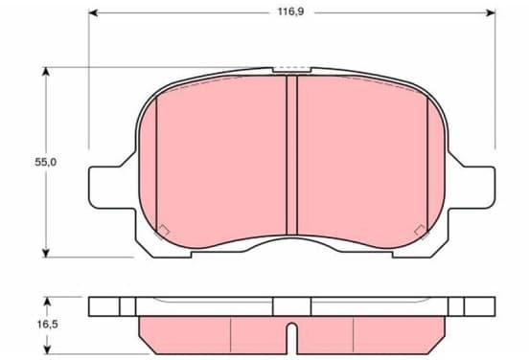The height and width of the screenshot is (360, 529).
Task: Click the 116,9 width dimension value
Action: pyautogui.click(x=290, y=11)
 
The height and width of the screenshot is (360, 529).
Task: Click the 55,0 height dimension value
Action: pyautogui.click(x=46, y=162)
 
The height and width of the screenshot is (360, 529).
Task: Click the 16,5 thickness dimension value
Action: pyautogui.click(x=48, y=325)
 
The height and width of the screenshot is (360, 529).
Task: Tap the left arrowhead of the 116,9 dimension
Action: pyautogui.click(x=93, y=13)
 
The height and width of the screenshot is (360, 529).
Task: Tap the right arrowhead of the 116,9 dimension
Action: pyautogui.click(x=491, y=13)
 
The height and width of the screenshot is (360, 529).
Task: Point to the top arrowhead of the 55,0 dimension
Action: pyautogui.click(x=46, y=72)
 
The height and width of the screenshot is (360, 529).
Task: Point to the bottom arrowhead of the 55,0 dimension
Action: pyautogui.click(x=46, y=253)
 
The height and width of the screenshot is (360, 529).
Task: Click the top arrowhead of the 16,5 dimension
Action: pyautogui.click(x=48, y=302)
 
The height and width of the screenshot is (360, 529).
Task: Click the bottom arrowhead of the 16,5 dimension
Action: pyautogui.click(x=48, y=349)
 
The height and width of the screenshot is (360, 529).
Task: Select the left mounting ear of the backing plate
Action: pyautogui.click(x=112, y=188)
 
